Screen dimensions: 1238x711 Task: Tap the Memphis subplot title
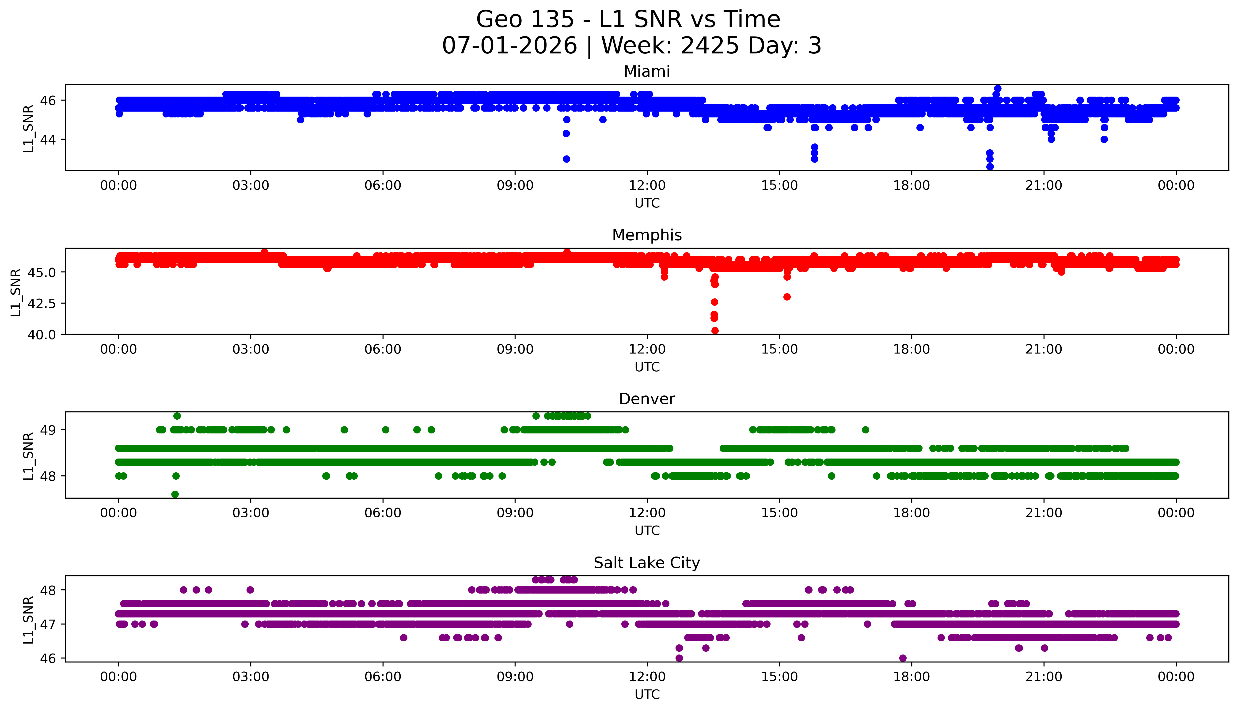point(647,235)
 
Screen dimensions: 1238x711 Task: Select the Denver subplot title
point(647,399)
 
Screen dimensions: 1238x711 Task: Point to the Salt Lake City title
point(647,563)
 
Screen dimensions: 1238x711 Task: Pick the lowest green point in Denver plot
point(175,494)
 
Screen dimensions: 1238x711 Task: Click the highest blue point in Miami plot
point(998,88)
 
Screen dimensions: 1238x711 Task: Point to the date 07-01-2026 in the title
point(509,46)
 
